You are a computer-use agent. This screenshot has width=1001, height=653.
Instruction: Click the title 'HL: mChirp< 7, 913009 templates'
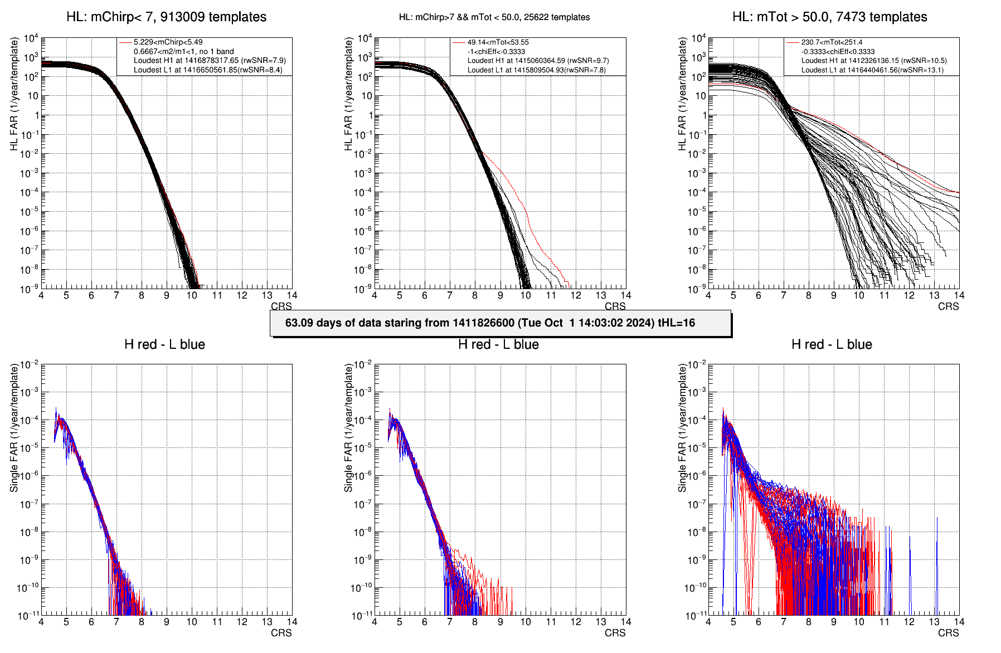coord(166,17)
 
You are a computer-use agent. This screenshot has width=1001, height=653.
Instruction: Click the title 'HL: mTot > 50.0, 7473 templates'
coord(829,17)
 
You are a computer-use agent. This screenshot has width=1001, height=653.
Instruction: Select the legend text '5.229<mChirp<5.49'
coord(168,42)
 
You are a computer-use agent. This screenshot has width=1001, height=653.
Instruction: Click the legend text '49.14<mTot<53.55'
coord(498,42)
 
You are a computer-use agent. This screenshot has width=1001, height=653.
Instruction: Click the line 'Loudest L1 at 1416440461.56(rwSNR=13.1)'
coord(872,70)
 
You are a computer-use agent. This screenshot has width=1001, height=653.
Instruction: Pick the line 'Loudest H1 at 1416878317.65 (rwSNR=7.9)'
coord(210,61)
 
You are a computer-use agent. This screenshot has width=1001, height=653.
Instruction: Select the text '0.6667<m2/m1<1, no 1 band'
coord(183,51)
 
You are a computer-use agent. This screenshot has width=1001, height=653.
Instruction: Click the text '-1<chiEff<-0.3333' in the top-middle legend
coord(496,51)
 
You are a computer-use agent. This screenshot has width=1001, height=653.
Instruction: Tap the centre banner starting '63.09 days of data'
coord(500,323)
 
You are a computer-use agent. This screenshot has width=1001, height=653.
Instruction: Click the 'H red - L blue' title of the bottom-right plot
coord(832,345)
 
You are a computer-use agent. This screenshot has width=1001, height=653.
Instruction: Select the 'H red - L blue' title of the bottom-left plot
coord(164,345)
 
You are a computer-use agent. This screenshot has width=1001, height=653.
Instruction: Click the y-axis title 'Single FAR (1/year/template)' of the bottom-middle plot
coord(348,428)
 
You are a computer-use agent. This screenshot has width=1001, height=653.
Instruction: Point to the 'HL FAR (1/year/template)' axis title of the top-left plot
coord(14,94)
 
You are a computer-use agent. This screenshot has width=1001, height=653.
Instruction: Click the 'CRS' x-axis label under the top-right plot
coord(948,306)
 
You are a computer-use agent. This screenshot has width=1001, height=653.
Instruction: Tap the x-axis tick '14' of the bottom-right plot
coord(959,622)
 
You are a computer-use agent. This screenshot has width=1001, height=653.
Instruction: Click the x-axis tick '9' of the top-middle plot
coord(500,295)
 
